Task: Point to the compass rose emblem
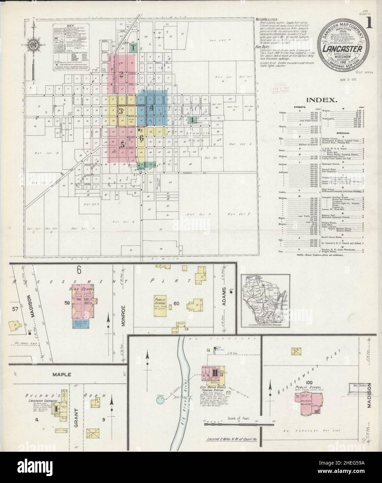tap(33, 46)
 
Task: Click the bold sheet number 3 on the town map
tap(121, 111)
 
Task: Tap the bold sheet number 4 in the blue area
tap(151, 108)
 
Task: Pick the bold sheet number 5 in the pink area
tap(122, 145)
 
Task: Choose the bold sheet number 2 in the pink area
tap(121, 73)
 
